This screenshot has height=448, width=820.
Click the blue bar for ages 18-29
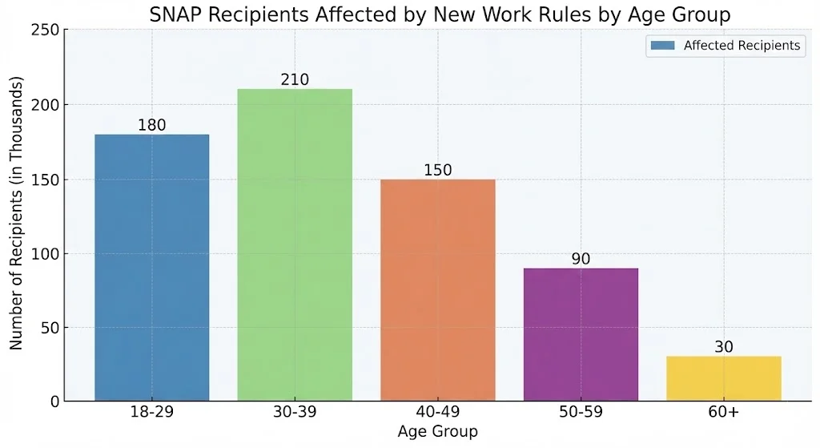(151, 268)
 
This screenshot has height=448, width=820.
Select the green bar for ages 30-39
(295, 244)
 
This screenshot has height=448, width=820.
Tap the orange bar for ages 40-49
(437, 289)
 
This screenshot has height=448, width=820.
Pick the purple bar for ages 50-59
(581, 334)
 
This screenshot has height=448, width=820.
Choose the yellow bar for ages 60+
(723, 378)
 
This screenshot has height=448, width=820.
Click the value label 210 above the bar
(295, 80)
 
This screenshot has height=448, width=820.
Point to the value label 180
(151, 125)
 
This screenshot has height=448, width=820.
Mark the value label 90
(581, 259)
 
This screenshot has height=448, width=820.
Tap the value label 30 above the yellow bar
(723, 347)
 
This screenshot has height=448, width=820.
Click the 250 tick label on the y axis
(46, 30)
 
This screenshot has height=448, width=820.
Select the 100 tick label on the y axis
(46, 254)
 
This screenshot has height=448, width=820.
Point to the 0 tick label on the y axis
(54, 402)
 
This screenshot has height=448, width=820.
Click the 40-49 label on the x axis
(437, 414)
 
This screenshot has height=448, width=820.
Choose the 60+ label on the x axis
(723, 414)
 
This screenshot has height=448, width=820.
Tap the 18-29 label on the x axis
(151, 414)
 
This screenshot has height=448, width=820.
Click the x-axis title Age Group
(437, 432)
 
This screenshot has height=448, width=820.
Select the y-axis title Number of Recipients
(17, 214)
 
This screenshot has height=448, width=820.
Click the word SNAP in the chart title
(173, 14)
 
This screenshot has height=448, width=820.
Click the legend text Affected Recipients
(742, 46)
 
